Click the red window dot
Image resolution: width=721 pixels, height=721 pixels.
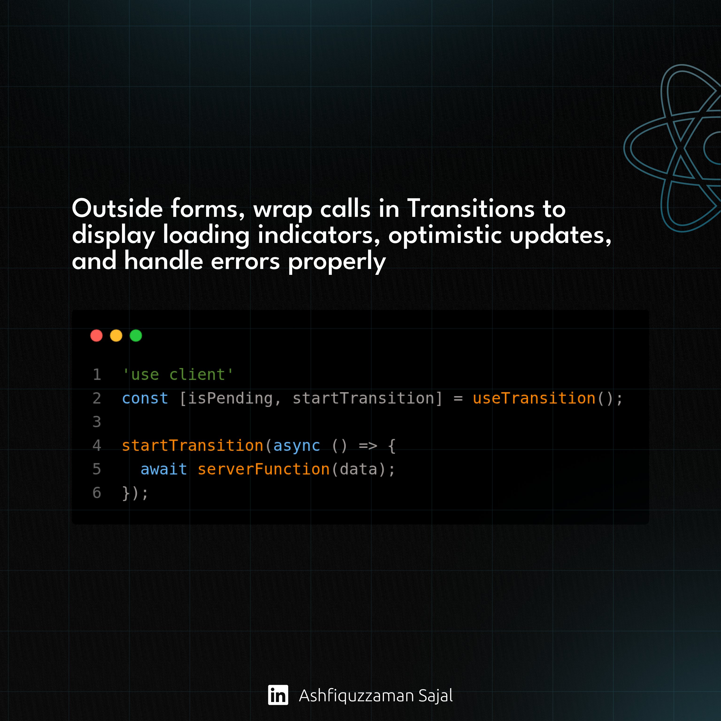tap(96, 335)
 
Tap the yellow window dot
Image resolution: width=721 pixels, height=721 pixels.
tap(116, 335)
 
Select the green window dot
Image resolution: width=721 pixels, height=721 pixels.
tap(136, 335)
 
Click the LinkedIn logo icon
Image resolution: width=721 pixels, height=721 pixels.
tap(278, 695)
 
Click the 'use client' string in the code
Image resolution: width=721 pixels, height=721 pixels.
tap(178, 374)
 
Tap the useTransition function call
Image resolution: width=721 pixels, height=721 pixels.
tap(534, 398)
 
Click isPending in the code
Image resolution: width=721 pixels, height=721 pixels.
tap(230, 399)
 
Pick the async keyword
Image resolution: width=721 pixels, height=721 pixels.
tap(297, 446)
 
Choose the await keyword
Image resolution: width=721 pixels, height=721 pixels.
tap(163, 469)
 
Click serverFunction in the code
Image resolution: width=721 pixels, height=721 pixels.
tap(264, 469)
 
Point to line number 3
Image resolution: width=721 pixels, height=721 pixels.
tap(97, 422)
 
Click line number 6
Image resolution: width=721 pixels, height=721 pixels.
tap(97, 493)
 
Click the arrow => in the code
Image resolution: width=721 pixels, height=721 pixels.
tap(368, 446)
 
